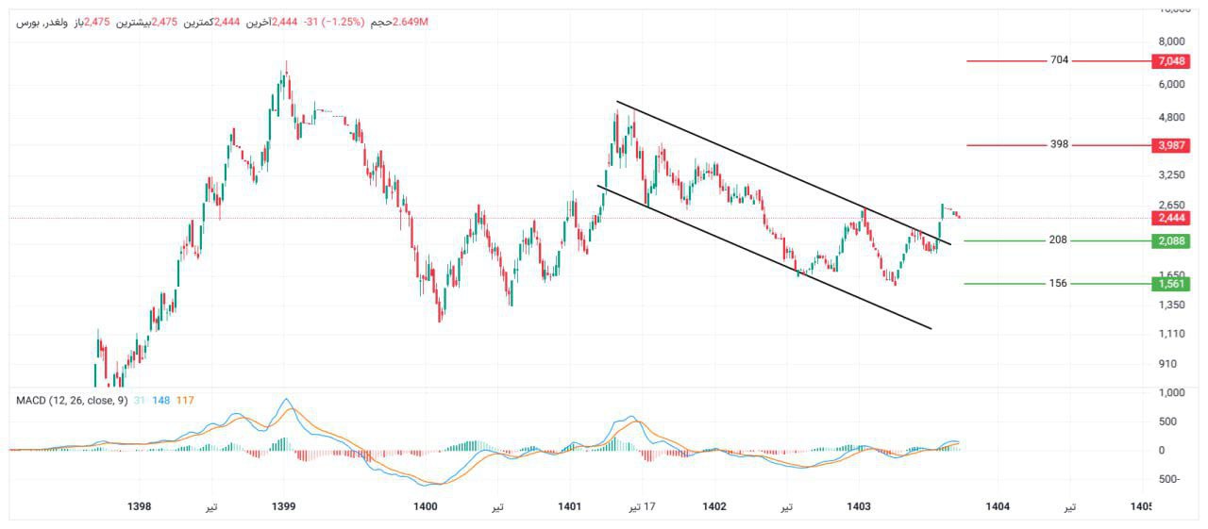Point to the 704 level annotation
[1059, 60]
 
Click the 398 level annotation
[1059, 144]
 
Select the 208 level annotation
[1058, 240]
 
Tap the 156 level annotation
[1058, 283]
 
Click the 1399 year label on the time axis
[284, 506]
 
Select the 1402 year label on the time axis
[714, 506]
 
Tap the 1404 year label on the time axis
[998, 506]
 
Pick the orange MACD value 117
[185, 401]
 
